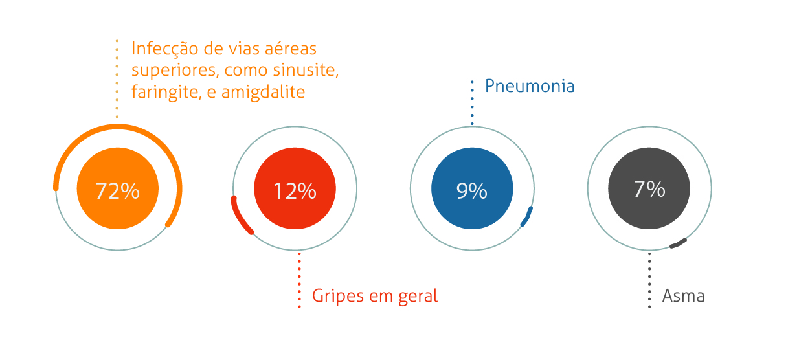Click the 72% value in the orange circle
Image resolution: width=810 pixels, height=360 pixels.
tap(117, 191)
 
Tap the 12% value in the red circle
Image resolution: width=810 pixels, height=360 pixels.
tap(295, 191)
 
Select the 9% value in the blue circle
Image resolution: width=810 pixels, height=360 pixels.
tap(471, 191)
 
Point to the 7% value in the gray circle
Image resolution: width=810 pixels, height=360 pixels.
tap(649, 189)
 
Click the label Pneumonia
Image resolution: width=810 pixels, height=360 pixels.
tap(530, 86)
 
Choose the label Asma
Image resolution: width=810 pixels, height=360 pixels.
tap(683, 297)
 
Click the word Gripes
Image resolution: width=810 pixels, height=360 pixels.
tap(338, 297)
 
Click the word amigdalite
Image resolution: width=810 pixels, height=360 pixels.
tap(263, 92)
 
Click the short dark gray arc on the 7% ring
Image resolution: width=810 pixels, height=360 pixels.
tap(678, 243)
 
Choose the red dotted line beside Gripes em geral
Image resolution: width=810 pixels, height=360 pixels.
tap(299, 280)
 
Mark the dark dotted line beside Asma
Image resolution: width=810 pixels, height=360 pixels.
tap(649, 280)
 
